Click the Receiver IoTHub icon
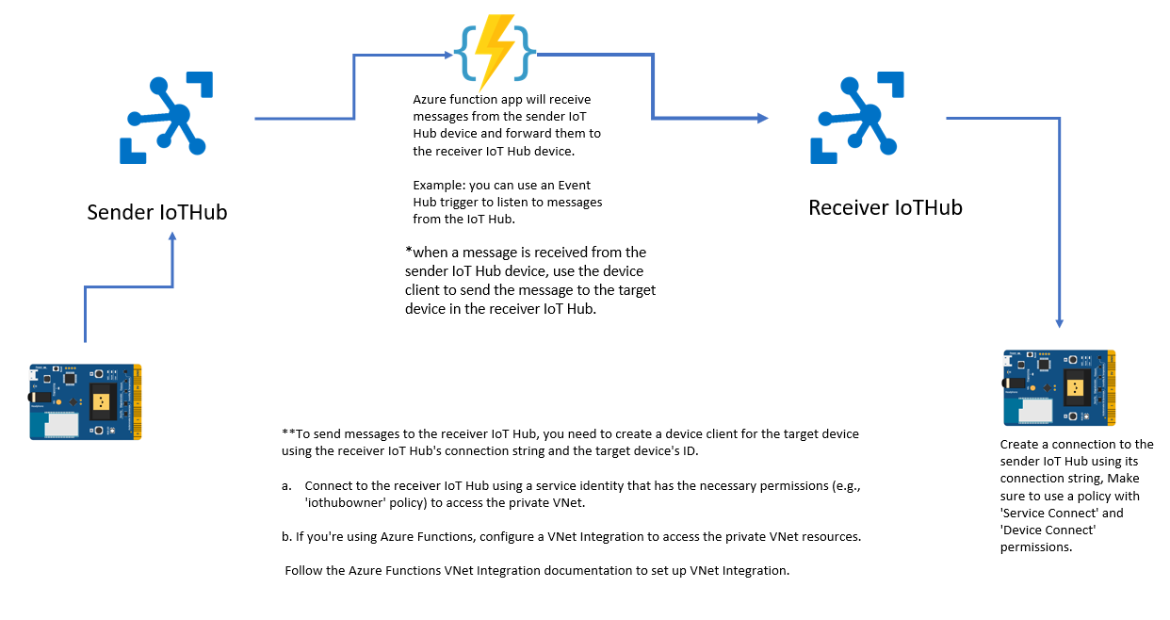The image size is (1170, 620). [x=857, y=117]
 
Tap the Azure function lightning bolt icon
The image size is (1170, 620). [x=495, y=51]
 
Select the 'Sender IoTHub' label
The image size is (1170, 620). [x=157, y=212]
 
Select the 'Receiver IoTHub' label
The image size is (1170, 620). [x=886, y=207]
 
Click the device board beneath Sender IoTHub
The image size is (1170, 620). [x=85, y=401]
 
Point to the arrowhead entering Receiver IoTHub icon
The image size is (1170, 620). [x=762, y=118]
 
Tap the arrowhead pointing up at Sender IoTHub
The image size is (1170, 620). [x=172, y=238]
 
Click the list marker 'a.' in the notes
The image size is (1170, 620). [x=286, y=486]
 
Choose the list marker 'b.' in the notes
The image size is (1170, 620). [x=286, y=536]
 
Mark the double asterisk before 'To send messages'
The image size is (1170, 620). [x=288, y=433]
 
